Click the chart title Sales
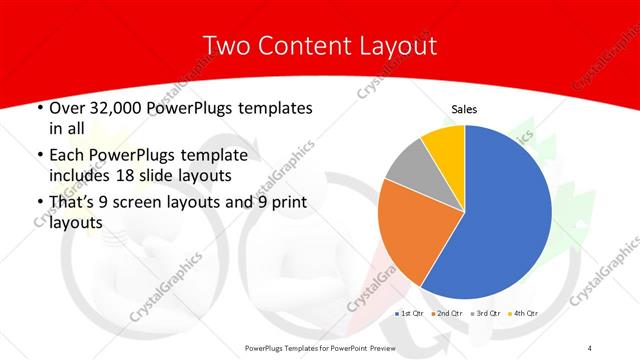click(x=465, y=108)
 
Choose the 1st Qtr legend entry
click(x=413, y=314)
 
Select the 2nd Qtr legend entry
click(x=450, y=314)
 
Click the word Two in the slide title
click(x=226, y=46)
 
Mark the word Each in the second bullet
click(x=67, y=157)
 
